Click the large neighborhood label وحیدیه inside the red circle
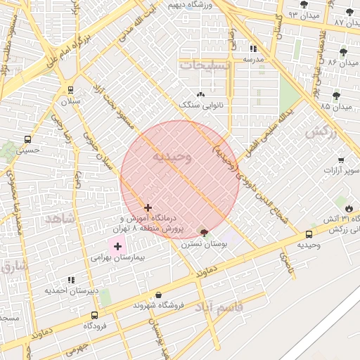pos(172,157)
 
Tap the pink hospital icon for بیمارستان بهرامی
pos(117,246)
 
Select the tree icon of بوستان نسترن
pos(204,233)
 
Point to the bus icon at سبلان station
pos(70,90)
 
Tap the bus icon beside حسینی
pos(27,139)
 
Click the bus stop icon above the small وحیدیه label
pos(309,234)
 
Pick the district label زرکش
pos(318,131)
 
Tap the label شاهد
pos(59,219)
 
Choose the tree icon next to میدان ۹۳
pos(303,4)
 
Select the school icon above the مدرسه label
pos(252,49)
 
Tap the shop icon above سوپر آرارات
pos(341,160)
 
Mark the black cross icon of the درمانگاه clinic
pos(148,207)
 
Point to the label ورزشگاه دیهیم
pos(191,5)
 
